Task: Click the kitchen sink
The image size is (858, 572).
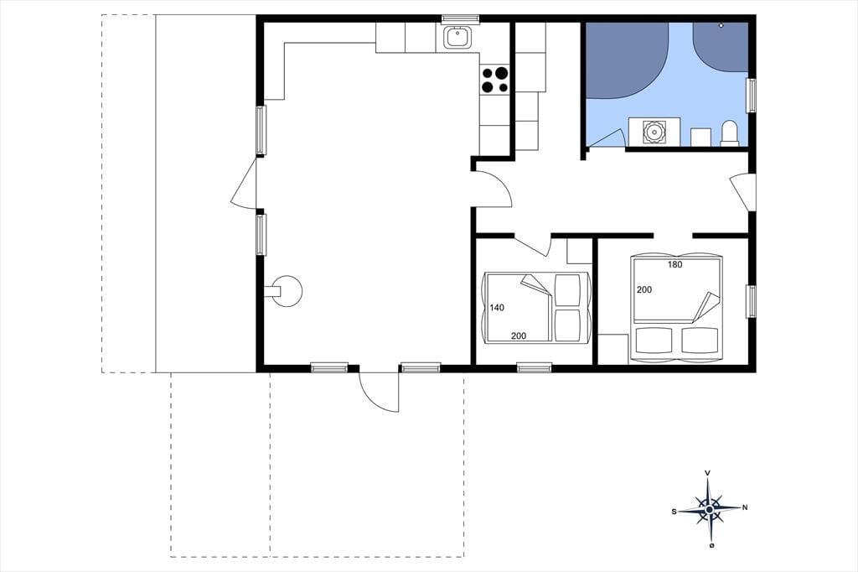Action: [x=455, y=38]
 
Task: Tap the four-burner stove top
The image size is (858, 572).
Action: [x=494, y=80]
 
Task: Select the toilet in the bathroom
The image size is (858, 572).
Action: [x=730, y=133]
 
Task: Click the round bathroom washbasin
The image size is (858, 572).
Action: [x=654, y=132]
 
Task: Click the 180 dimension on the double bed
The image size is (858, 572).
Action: [x=675, y=264]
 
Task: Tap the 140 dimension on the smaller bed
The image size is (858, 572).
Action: [x=497, y=307]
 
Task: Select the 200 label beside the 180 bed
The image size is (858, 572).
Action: [x=644, y=289]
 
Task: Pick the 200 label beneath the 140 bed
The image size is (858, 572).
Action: [x=519, y=335]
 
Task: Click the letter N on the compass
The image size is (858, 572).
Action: [x=745, y=507]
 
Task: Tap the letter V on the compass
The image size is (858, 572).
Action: [x=708, y=472]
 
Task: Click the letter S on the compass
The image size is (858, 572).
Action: [x=675, y=512]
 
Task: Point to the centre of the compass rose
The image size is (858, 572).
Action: [x=709, y=510]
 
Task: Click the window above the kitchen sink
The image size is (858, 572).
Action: [x=460, y=19]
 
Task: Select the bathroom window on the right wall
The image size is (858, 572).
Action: [x=752, y=96]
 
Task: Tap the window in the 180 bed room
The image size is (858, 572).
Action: [x=752, y=301]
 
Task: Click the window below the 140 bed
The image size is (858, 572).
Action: [x=535, y=367]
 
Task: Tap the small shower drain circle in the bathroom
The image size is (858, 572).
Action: [x=721, y=25]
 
